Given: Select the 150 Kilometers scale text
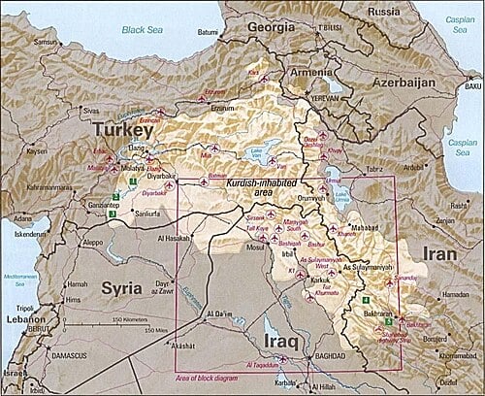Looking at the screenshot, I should pos(128,319).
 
